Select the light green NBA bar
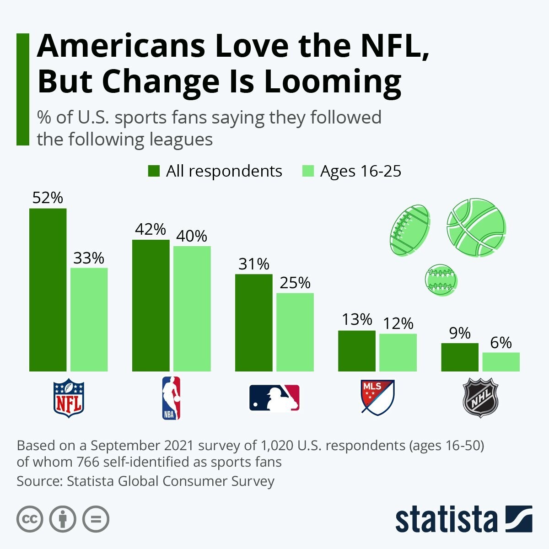tap(192, 308)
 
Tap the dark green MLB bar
tap(254, 323)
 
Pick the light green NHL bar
tap(501, 361)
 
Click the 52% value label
tap(48, 198)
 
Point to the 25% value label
tap(295, 283)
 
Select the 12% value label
tap(398, 323)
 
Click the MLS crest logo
tap(377, 397)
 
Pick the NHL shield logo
tap(480, 398)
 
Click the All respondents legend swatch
tap(154, 171)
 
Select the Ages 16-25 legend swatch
tap(308, 171)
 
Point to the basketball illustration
tap(476, 227)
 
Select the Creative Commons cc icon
tap(30, 519)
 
